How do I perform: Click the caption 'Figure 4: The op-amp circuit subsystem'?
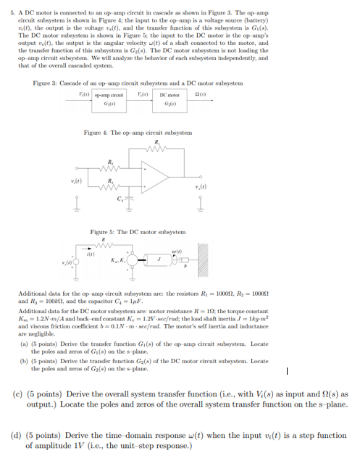(x=138, y=133)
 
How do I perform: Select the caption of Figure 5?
(x=138, y=231)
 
